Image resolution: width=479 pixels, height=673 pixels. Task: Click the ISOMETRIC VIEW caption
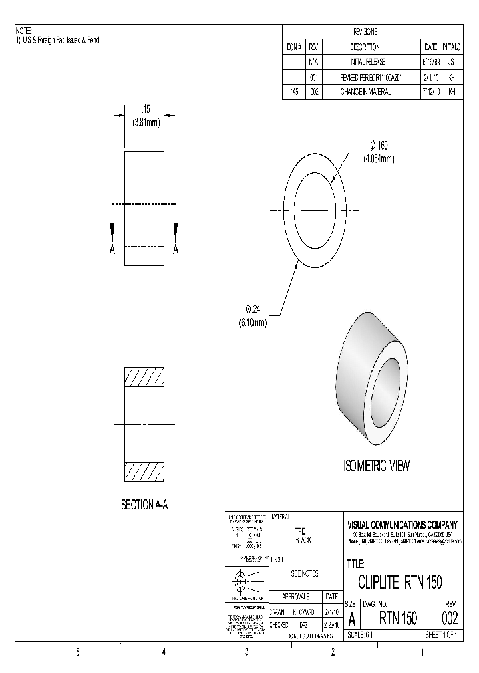[377, 466]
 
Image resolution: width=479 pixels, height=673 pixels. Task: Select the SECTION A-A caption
[144, 505]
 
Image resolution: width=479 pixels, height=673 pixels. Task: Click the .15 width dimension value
[144, 108]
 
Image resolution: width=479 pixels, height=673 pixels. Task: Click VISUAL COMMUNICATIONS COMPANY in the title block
[403, 524]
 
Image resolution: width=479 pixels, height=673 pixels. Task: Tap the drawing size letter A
[352, 619]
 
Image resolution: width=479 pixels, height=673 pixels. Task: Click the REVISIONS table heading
[365, 31]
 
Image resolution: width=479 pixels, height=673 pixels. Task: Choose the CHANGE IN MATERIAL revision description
[365, 92]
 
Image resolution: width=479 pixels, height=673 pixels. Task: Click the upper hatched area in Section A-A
[144, 377]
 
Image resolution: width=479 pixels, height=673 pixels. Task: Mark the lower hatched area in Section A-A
[144, 471]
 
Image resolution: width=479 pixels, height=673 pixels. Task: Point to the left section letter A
[113, 249]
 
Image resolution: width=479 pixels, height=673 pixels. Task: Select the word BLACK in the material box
[303, 541]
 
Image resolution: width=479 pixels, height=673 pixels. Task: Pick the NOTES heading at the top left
[23, 31]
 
